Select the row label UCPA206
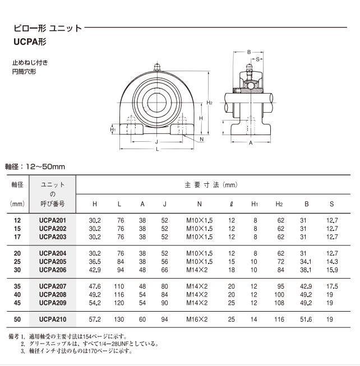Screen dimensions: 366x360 53,270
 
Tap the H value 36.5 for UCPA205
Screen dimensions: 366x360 95,262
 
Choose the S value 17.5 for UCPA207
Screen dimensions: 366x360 332,286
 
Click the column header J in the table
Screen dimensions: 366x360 164,204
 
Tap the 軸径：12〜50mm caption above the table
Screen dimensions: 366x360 36,166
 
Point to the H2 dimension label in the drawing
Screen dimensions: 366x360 210,103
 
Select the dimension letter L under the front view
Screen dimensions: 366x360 156,150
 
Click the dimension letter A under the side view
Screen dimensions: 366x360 251,143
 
